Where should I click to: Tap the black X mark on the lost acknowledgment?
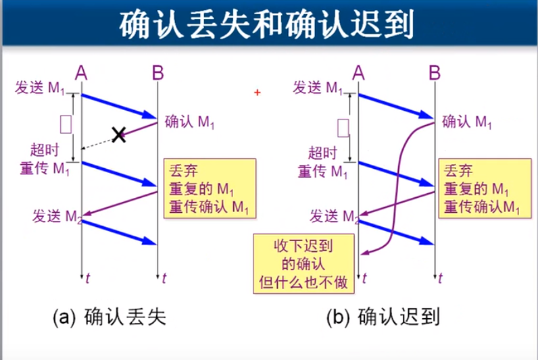pos(119,135)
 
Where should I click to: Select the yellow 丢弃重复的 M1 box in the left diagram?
pos(210,188)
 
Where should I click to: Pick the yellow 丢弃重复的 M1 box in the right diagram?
pos(480,188)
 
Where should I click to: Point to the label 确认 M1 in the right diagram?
pos(467,122)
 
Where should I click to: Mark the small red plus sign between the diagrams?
pos(258,92)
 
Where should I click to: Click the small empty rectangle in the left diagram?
pos(66,124)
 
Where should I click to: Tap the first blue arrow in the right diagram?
pos(395,106)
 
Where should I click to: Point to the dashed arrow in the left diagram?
pos(99,143)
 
